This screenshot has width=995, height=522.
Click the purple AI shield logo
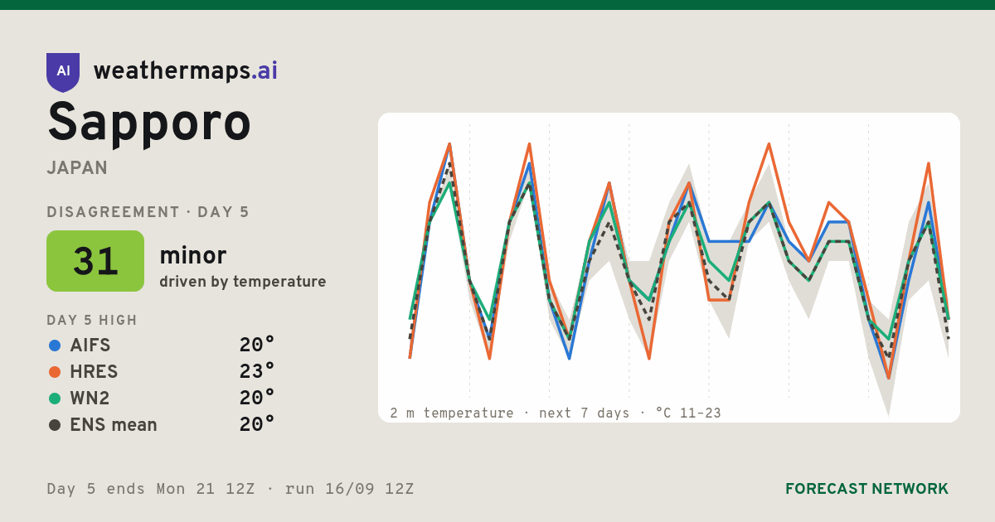pos(63,72)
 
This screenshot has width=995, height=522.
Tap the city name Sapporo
pos(148,123)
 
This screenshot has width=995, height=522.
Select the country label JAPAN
pos(77,167)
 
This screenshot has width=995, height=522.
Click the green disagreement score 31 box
pos(95,261)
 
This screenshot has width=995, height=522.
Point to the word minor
pos(192,255)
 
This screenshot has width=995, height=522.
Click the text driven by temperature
pos(242,282)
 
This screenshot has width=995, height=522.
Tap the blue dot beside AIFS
pos(55,346)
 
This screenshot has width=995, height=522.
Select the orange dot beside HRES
pos(55,372)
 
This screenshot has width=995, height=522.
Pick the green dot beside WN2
pos(55,399)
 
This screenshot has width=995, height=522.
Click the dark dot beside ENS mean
pos(55,425)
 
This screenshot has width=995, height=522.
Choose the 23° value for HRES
pos(257,371)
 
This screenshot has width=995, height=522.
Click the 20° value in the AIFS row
pos(257,345)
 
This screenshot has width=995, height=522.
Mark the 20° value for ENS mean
pos(257,424)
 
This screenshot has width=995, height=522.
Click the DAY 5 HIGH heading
pos(92,320)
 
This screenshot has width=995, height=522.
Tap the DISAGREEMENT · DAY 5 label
pos(148,212)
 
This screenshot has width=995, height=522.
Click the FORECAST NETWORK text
pos(866,489)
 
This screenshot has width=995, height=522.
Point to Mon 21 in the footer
pos(186,489)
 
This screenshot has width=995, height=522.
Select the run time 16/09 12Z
pos(370,489)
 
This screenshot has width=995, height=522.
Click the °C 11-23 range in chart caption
pos(688,413)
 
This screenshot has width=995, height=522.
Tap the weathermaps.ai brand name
pos(185,71)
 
